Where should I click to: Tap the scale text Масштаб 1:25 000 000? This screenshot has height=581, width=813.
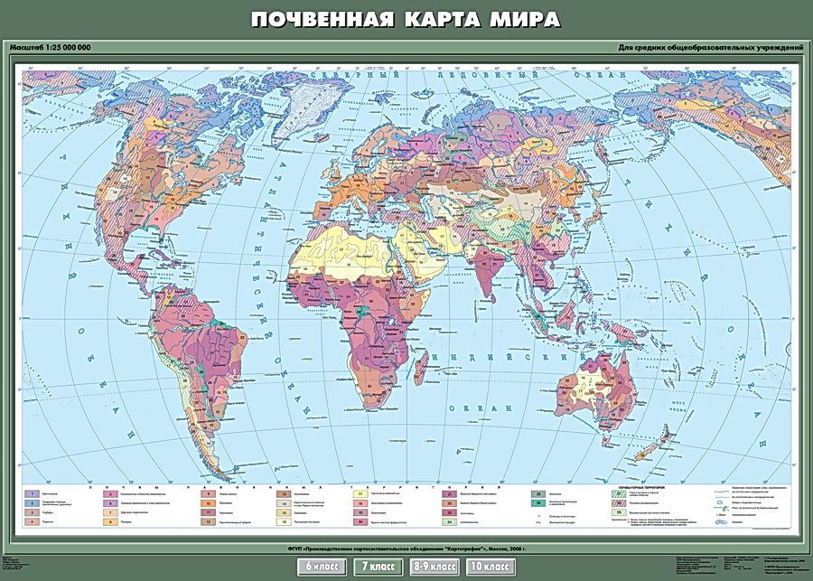[x=52, y=47]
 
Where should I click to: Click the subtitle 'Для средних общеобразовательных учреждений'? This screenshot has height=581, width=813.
[x=711, y=47]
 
